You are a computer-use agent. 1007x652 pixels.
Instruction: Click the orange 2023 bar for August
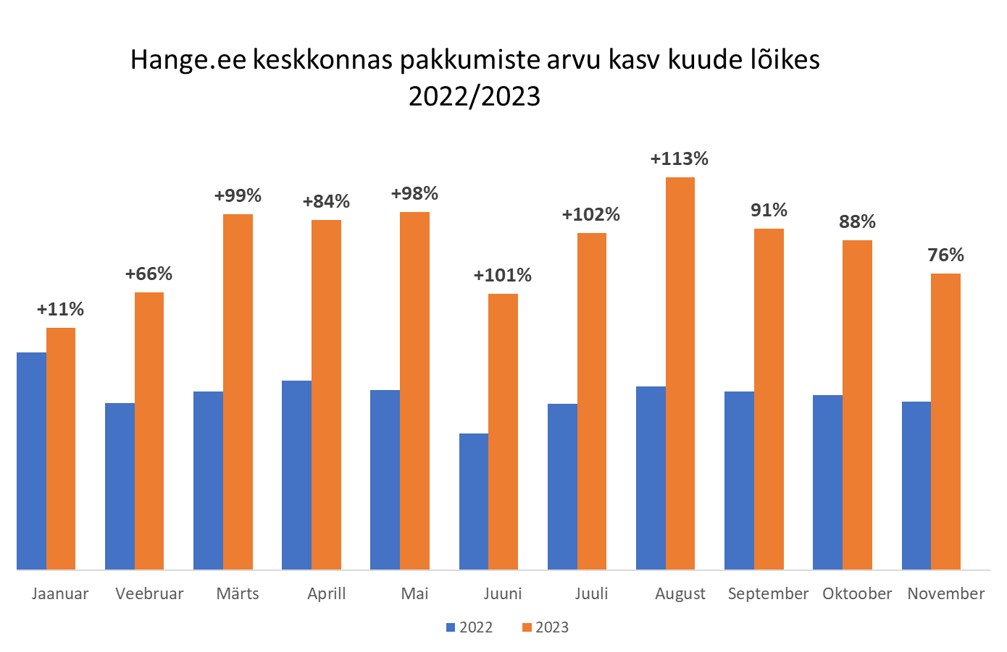(x=680, y=373)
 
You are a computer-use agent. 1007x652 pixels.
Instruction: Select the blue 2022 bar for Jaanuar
(x=31, y=461)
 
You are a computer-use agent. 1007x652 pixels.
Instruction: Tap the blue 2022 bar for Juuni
(x=474, y=501)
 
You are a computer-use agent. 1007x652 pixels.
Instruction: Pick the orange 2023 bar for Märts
(x=238, y=391)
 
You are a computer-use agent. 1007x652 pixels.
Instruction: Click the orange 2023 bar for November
(x=945, y=421)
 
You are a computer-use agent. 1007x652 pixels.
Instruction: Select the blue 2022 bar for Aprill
(x=296, y=475)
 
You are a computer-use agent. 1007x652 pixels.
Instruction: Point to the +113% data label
(x=680, y=159)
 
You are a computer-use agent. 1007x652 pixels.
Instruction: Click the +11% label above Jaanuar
(x=60, y=310)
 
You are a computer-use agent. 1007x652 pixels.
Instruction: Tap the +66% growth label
(x=149, y=274)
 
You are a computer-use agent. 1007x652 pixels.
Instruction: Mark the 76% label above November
(x=945, y=255)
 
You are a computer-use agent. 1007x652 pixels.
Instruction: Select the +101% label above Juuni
(x=502, y=276)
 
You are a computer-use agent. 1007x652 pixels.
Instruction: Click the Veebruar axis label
(x=149, y=594)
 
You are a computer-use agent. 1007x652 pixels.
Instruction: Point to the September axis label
(x=768, y=594)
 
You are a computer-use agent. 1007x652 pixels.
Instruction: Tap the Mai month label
(x=414, y=594)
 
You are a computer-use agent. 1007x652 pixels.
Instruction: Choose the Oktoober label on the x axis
(x=857, y=594)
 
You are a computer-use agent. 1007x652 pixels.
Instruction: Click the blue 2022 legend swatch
(x=451, y=627)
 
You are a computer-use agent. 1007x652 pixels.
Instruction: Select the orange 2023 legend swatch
(x=527, y=627)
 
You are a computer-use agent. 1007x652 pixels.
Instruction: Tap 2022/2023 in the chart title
(x=475, y=96)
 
